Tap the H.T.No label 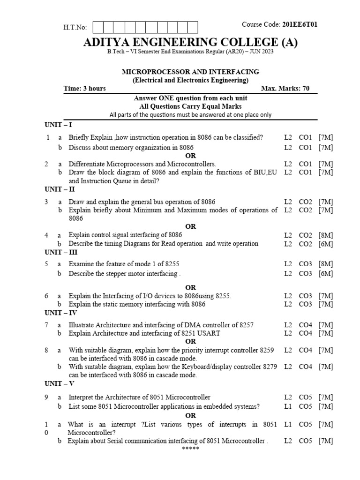click(75, 28)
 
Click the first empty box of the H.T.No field click(99, 27)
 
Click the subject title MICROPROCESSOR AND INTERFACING click(190, 72)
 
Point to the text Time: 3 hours click(85, 89)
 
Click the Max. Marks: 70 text click(285, 89)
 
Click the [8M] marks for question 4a click(325, 235)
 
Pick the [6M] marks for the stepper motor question click(325, 274)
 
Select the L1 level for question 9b click(288, 406)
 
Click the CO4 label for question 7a click(305, 325)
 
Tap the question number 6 click(47, 296)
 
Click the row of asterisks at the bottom click(190, 449)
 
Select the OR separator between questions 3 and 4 click(190, 226)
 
